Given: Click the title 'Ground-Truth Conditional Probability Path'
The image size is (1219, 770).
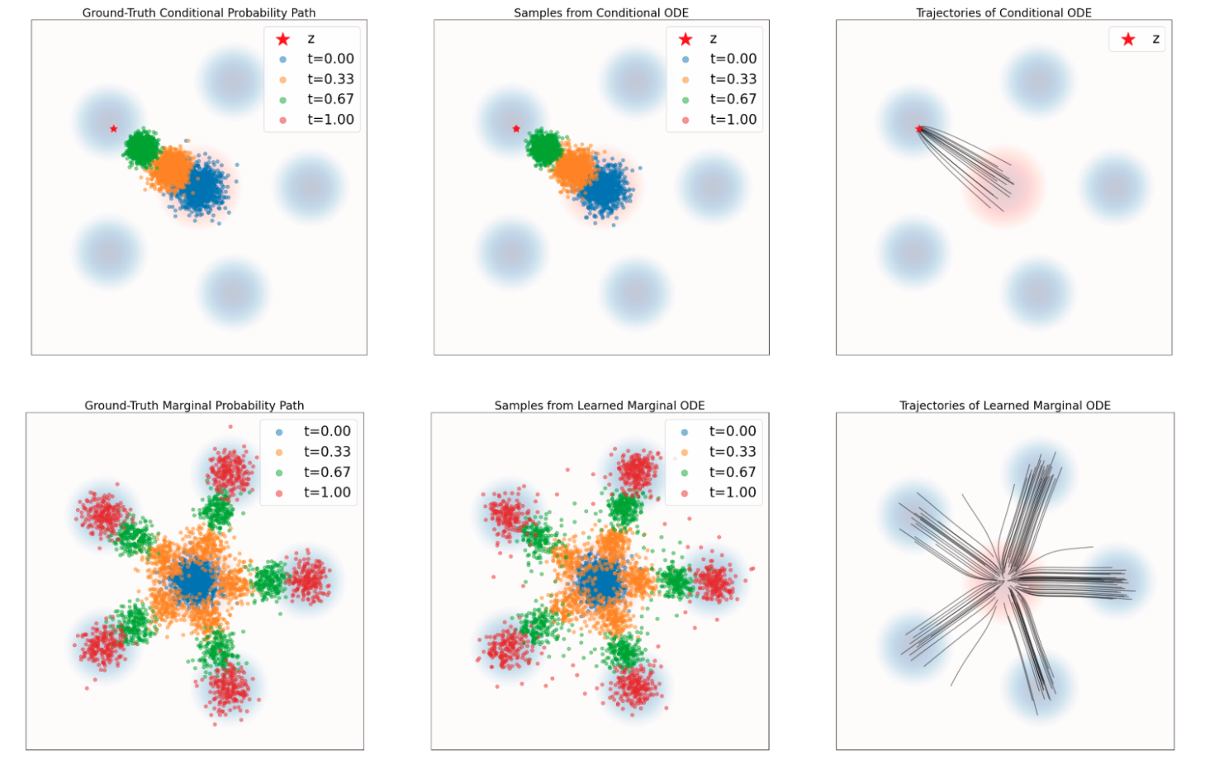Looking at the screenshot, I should pyautogui.click(x=198, y=12).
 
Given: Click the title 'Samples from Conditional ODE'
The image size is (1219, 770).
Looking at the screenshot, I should pyautogui.click(x=600, y=12).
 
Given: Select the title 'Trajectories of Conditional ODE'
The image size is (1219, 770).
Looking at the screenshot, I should pyautogui.click(x=1003, y=12).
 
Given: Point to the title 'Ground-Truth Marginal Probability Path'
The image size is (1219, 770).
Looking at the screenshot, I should pyautogui.click(x=194, y=406).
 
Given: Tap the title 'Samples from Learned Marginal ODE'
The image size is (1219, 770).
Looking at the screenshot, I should pyautogui.click(x=600, y=406).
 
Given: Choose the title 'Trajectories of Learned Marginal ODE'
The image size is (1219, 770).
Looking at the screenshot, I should pyautogui.click(x=1004, y=406).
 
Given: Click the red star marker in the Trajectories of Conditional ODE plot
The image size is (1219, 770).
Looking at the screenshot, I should pyautogui.click(x=918, y=129).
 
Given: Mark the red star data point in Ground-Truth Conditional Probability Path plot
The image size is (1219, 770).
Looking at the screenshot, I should pyautogui.click(x=113, y=129).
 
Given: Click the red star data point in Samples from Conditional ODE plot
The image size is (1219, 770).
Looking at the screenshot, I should pyautogui.click(x=516, y=129).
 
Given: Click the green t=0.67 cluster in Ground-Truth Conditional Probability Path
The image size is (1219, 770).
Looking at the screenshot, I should pyautogui.click(x=141, y=148).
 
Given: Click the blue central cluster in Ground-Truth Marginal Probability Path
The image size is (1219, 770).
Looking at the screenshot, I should pyautogui.click(x=196, y=581).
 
